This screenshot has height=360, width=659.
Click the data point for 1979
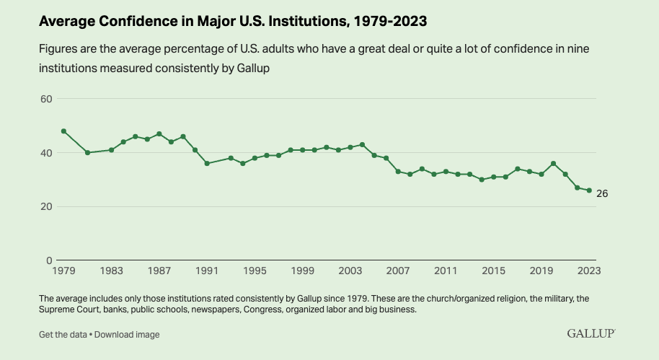click(63, 131)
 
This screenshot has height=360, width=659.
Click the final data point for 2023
click(589, 190)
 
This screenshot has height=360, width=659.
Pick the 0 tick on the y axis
click(50, 260)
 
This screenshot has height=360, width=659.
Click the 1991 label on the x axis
click(207, 271)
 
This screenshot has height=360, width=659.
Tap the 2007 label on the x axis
click(398, 271)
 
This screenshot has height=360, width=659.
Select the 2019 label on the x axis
click(541, 271)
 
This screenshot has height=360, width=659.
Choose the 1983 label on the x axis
click(111, 271)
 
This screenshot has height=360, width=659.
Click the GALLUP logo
click(591, 333)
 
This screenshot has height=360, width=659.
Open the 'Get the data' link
click(63, 335)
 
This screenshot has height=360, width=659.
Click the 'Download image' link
click(127, 335)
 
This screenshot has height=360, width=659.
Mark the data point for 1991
click(207, 164)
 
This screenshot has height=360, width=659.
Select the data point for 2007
click(398, 172)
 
